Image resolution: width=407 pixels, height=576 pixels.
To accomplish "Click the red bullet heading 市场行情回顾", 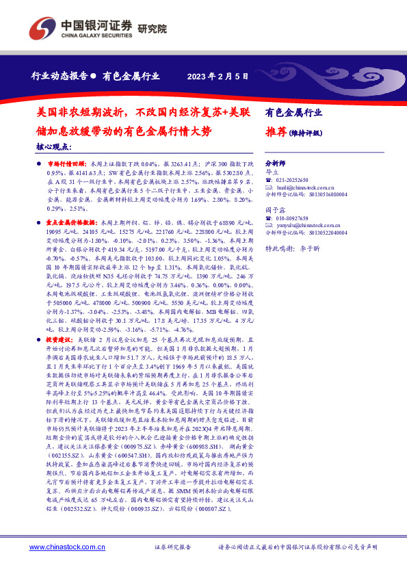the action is coord(64,166).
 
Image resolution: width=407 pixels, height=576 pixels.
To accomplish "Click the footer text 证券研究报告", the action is coord(172,547).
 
